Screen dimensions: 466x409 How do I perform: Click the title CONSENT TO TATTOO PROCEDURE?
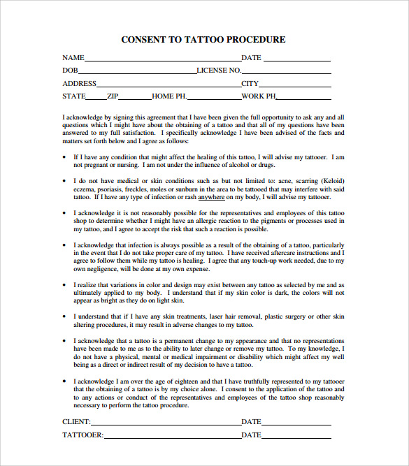click(203, 40)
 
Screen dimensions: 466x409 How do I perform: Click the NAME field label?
click(73, 58)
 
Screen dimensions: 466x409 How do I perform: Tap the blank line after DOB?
click(137, 71)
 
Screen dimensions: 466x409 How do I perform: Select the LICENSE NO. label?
click(219, 71)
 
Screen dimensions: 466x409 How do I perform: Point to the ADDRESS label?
click(79, 84)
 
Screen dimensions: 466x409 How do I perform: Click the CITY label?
click(250, 84)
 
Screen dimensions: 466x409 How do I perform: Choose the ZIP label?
click(113, 96)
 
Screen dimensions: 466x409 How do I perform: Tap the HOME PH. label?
click(169, 96)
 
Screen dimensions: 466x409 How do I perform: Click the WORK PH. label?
click(259, 96)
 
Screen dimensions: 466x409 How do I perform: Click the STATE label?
click(74, 96)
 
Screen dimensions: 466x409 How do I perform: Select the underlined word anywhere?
click(211, 198)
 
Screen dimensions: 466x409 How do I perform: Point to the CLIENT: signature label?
click(76, 422)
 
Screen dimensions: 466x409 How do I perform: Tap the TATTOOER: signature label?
click(83, 435)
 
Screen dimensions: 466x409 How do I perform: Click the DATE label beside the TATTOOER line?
click(251, 435)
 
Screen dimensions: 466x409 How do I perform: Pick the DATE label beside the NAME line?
click(251, 58)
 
